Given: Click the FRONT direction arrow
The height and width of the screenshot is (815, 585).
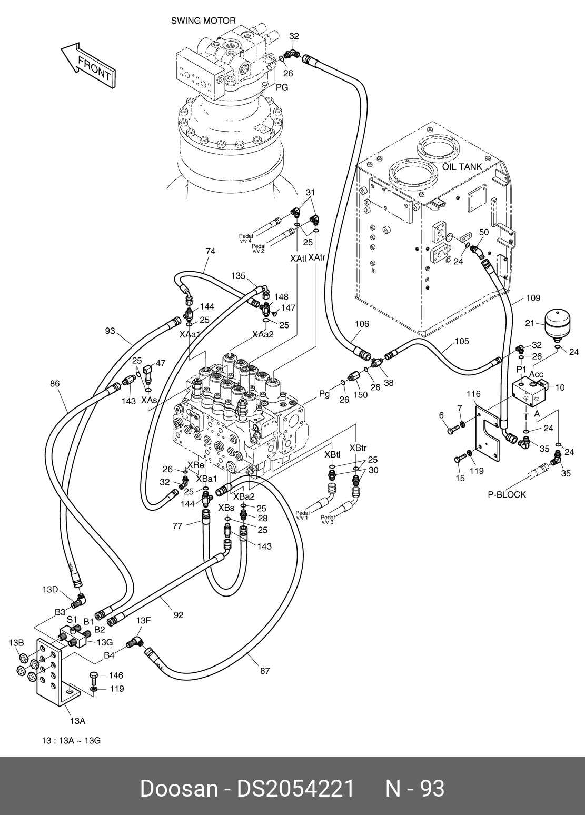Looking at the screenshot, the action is point(88,65).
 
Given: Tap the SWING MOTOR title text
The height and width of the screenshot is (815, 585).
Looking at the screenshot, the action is point(203,21).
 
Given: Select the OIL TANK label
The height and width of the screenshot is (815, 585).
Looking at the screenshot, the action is point(462,167).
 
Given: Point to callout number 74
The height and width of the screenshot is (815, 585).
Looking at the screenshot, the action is point(210,251).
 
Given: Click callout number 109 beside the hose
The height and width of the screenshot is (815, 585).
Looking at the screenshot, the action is point(533,298).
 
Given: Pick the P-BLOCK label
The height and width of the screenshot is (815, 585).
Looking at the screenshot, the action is point(507,495).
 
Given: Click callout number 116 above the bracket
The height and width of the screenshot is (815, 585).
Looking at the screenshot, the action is point(474,394).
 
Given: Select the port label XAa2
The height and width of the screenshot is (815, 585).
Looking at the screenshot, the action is point(263,334).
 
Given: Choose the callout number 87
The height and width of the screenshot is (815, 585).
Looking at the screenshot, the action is point(265,671).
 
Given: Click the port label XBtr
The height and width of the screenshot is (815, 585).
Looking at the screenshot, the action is point(358,448).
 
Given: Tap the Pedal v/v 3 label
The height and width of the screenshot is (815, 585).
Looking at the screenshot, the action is point(328,520).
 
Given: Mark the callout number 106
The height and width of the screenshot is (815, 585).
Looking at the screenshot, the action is point(362,324).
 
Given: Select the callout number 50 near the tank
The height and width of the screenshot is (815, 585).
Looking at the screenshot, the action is point(484,232).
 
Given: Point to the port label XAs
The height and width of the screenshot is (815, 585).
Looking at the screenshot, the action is point(149,400).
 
